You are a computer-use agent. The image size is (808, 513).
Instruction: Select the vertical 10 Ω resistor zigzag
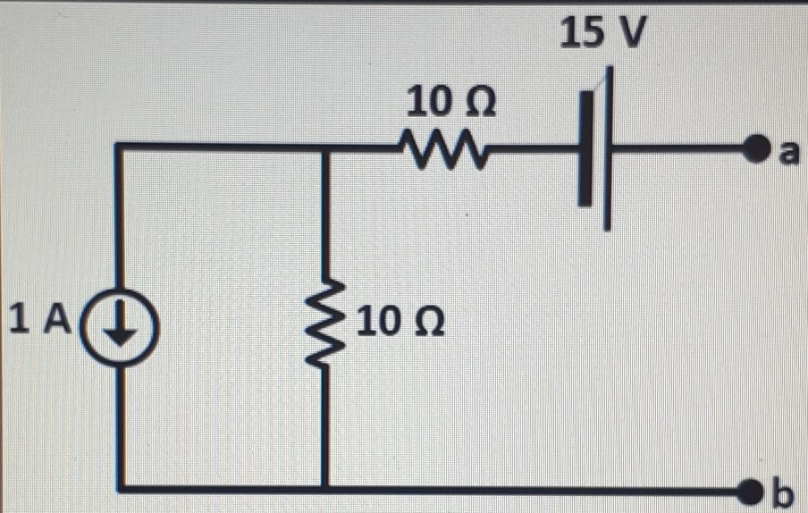click(324, 322)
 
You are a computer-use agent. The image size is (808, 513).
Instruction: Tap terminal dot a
click(758, 147)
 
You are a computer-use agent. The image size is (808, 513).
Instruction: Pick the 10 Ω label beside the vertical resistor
click(400, 321)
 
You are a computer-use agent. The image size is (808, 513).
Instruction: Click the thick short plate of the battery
click(585, 147)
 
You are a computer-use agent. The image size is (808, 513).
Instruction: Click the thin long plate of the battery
click(608, 147)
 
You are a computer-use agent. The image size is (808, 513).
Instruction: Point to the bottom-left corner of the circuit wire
click(120, 489)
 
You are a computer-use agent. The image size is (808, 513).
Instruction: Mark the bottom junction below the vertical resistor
click(324, 489)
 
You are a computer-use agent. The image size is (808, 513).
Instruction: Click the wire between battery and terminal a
click(679, 147)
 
